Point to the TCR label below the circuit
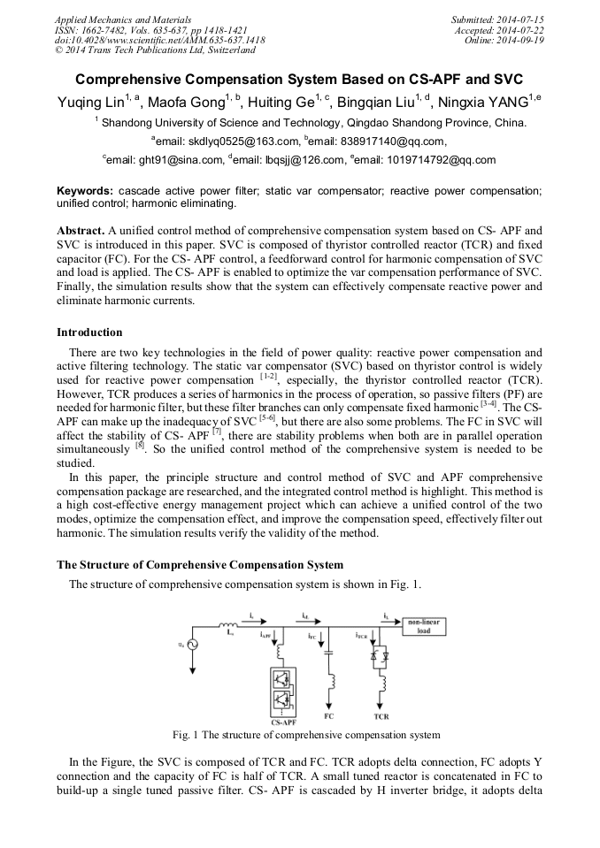[x=381, y=716]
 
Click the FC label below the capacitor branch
[x=329, y=716]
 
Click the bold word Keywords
[x=85, y=191]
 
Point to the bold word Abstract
[x=81, y=230]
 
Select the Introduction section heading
[x=89, y=332]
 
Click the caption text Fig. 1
[x=187, y=735]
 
